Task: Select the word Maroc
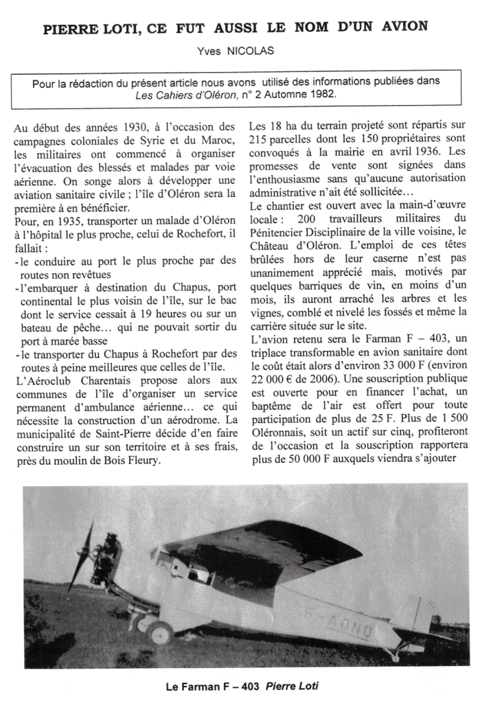pos(217,141)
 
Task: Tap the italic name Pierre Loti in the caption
pos(292,686)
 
